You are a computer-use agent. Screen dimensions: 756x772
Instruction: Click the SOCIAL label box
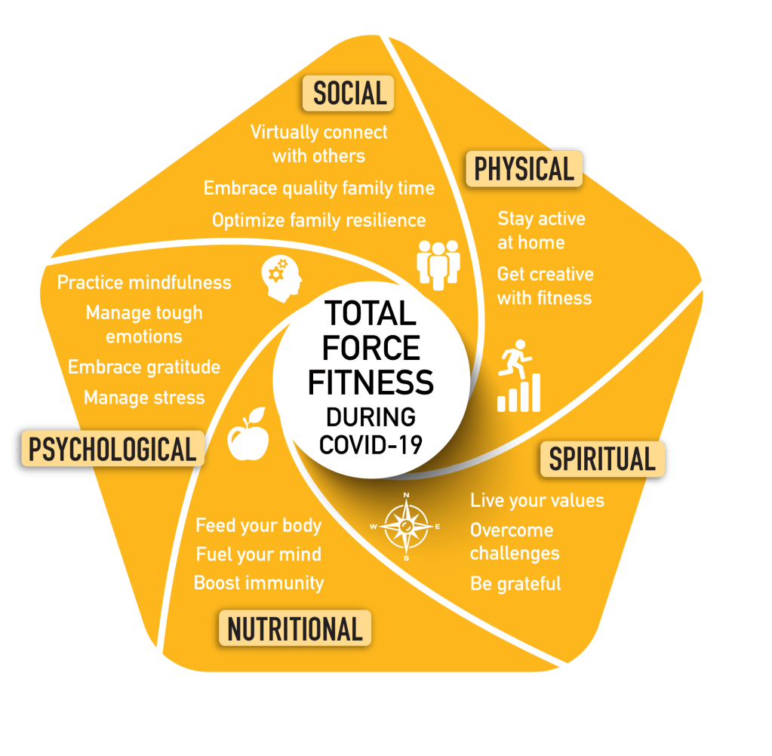coord(349,93)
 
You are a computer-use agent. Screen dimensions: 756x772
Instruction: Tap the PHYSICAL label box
coord(525,168)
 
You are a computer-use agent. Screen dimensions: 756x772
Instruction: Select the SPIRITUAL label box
coord(601,459)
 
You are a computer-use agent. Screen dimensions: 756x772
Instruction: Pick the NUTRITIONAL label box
coord(295,628)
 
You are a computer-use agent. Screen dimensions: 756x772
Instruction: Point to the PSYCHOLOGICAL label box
coord(112,449)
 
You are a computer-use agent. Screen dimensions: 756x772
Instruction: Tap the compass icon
coord(406,526)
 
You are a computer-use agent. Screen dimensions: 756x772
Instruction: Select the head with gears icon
coord(281,278)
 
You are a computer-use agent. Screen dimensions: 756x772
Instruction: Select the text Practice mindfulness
coord(144,283)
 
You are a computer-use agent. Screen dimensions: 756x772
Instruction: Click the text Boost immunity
coord(259,583)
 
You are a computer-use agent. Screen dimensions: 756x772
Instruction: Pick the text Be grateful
coord(515,584)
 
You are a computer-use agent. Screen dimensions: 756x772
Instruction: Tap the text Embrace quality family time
coord(319,189)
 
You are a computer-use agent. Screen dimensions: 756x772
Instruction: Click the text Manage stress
coord(144,398)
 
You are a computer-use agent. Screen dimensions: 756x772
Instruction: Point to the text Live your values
coord(537,501)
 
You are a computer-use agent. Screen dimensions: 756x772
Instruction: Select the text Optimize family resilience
coord(318,220)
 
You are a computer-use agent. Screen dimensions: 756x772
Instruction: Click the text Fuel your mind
coord(259,555)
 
